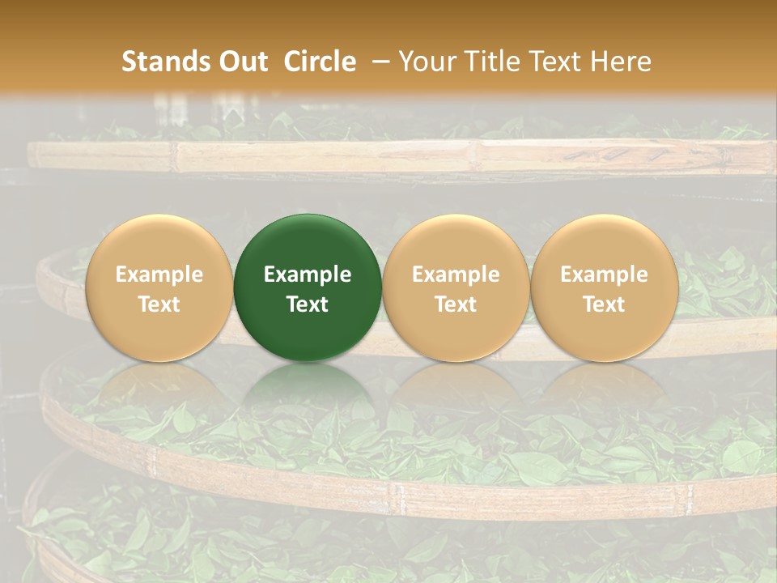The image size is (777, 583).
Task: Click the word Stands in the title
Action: coord(166,62)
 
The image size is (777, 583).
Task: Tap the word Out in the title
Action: coord(243,62)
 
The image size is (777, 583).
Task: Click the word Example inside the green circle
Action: coord(308,274)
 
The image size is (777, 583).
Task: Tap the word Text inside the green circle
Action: coord(308,304)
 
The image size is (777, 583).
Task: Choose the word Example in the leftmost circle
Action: coord(159,274)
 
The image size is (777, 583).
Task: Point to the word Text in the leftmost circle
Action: coord(159,304)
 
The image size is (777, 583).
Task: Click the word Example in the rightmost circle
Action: coord(604,274)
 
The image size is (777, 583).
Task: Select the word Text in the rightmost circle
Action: coord(604,304)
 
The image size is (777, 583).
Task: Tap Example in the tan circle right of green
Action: coord(456,274)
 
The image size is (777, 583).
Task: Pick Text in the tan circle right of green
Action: coord(456,304)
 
